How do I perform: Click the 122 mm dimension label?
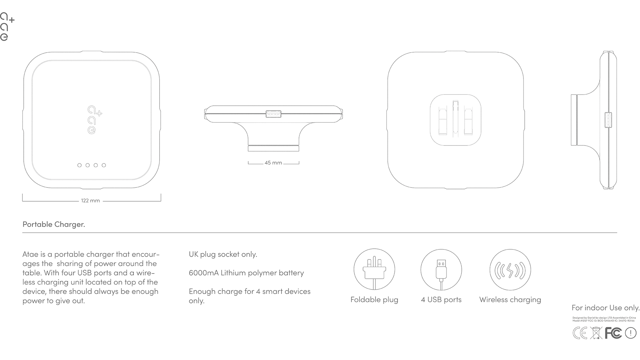90,201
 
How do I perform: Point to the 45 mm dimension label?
273,163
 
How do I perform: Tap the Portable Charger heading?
54,224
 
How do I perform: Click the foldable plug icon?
374,269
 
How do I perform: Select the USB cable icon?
441,269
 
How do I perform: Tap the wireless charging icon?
510,270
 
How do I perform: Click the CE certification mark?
580,333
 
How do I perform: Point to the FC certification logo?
613,333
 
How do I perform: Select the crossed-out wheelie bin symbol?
596,333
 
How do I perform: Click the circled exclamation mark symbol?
631,333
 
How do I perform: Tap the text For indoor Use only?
605,308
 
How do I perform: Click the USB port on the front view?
273,114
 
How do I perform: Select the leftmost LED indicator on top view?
79,165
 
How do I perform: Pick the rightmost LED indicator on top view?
104,165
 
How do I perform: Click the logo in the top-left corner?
7,27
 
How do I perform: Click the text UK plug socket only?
223,254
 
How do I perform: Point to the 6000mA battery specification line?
246,273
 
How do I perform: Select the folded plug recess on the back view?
455,120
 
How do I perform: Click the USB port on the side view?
608,120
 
